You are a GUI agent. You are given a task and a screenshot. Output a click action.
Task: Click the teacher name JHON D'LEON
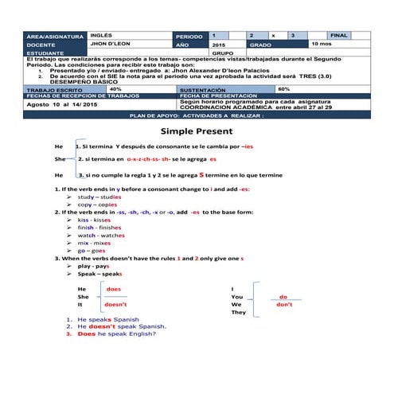pyautogui.click(x=111, y=45)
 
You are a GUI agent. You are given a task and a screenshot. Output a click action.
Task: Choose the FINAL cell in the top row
pyautogui.click(x=339, y=37)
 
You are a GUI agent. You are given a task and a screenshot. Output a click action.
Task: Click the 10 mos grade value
pyautogui.click(x=322, y=45)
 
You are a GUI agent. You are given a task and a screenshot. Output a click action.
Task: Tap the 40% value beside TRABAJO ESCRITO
pyautogui.click(x=115, y=89)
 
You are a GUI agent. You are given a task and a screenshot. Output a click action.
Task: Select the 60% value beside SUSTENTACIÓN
pyautogui.click(x=284, y=89)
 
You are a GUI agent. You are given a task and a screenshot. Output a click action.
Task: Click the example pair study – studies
pyautogui.click(x=99, y=197)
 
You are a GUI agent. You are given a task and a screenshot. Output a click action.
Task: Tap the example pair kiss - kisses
pyautogui.click(x=95, y=220)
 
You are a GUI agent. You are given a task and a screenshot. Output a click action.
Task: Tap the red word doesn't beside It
pyautogui.click(x=116, y=305)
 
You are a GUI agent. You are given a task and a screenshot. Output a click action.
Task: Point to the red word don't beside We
pyautogui.click(x=283, y=305)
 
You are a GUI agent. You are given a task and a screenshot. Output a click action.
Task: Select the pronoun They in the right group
pyautogui.click(x=238, y=313)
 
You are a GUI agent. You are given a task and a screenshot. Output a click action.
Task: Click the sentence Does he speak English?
pyautogui.click(x=117, y=334)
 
